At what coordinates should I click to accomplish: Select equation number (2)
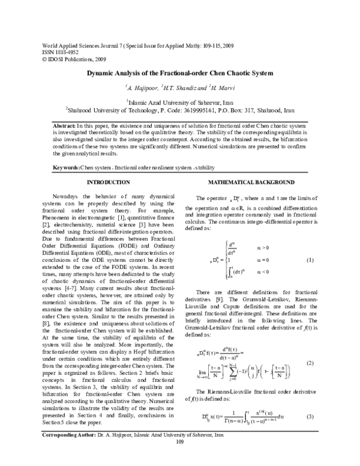click(310, 363)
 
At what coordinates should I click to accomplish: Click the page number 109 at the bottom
click(179, 459)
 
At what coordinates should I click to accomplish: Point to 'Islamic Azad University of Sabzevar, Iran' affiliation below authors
click(181, 102)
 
